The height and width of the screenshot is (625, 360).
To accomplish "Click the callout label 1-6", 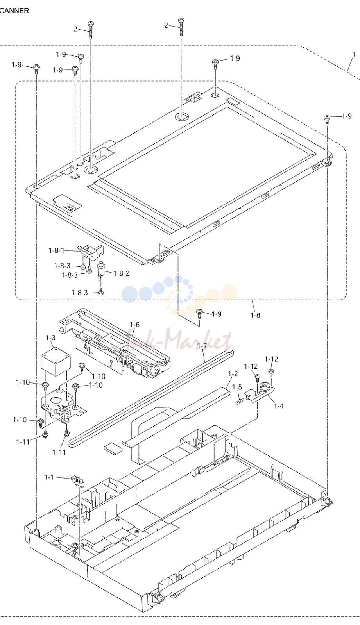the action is [134, 325].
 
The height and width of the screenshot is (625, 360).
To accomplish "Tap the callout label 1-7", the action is [202, 346].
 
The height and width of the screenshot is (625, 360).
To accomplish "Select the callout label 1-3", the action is [50, 337].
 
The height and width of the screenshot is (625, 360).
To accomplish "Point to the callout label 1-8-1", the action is [56, 250].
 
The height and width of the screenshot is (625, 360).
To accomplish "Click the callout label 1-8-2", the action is [122, 273].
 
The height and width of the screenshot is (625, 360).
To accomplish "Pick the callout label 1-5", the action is [237, 387].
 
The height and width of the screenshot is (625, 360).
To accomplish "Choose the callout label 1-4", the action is [278, 406].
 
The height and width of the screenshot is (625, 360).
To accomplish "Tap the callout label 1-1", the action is [49, 477].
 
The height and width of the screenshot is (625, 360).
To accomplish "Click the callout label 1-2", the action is [233, 373].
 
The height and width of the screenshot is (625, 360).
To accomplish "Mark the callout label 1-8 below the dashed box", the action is [255, 315].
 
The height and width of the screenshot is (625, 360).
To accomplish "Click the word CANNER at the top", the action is [14, 11].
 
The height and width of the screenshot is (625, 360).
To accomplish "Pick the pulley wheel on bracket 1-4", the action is [263, 387].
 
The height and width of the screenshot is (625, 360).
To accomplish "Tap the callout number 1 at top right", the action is [354, 54].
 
